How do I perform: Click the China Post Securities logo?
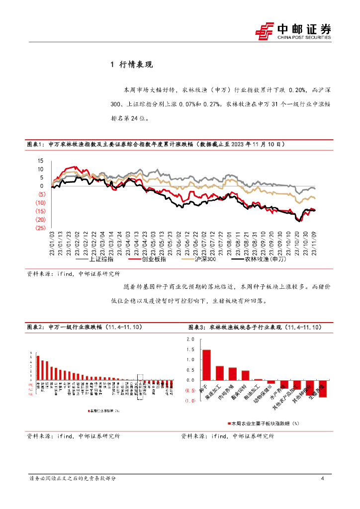tap(293, 31)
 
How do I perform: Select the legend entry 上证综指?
tap(99, 259)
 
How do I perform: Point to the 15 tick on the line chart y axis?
tap(41, 161)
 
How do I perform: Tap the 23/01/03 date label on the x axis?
tap(52, 242)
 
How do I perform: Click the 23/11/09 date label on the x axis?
tap(313, 242)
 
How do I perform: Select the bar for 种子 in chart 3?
tap(206, 365)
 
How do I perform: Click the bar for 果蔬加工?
tap(219, 373)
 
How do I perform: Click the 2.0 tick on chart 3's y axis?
tap(189, 339)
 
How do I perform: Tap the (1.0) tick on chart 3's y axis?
tap(189, 401)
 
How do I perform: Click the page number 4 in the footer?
tap(323, 479)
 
